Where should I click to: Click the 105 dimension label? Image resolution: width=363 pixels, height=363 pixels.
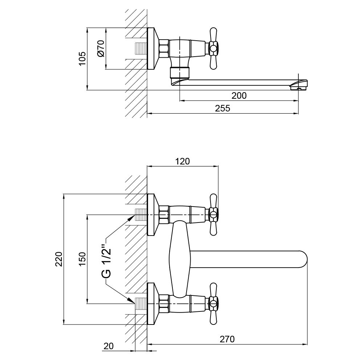click(x=83, y=58)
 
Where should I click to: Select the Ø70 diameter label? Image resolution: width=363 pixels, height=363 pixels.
click(x=101, y=48)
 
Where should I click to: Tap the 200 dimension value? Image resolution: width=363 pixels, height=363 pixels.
click(x=239, y=95)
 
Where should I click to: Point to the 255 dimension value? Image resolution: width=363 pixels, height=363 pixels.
click(x=223, y=109)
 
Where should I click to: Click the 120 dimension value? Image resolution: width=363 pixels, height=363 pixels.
click(x=182, y=162)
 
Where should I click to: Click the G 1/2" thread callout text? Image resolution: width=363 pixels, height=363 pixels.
click(x=106, y=257)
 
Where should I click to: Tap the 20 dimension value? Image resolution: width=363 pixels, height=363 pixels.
click(x=109, y=346)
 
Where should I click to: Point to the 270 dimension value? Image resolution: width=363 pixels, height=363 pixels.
click(x=227, y=339)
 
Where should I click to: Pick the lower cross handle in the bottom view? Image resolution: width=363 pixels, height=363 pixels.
click(x=213, y=303)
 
